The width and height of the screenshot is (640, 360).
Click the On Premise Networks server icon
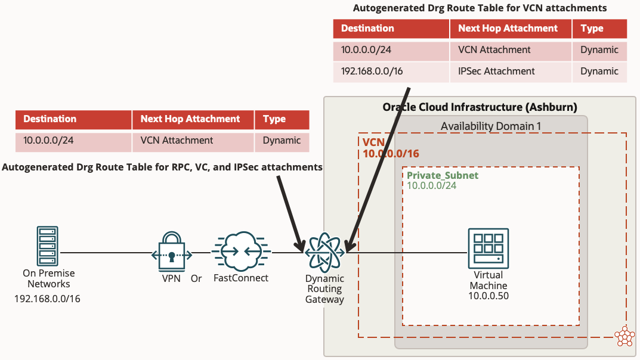click(x=47, y=245)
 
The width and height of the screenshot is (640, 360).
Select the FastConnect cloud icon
click(x=240, y=252)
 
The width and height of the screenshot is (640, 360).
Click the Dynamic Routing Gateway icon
click(x=324, y=252)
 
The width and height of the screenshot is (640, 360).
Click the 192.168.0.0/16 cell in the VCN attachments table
click(x=372, y=72)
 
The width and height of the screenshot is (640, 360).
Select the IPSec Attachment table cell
click(x=496, y=72)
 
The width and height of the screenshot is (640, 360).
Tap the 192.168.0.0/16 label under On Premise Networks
click(x=47, y=298)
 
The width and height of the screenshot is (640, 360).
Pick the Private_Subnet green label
click(x=442, y=176)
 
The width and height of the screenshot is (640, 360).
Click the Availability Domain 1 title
click(x=491, y=126)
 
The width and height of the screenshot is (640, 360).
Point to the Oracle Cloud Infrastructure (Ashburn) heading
click(x=480, y=107)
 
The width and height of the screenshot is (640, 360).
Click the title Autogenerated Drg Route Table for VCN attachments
click(x=480, y=8)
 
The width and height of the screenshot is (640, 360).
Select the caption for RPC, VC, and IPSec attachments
click(x=162, y=167)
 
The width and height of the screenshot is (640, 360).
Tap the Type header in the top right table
click(x=592, y=29)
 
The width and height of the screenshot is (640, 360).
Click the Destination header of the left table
click(x=50, y=119)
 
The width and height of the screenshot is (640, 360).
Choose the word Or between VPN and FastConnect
click(x=196, y=278)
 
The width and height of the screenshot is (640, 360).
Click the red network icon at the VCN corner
click(x=624, y=336)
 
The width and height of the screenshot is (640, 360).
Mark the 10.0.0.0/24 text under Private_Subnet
click(x=431, y=186)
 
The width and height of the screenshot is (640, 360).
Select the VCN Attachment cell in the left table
click(x=177, y=141)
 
